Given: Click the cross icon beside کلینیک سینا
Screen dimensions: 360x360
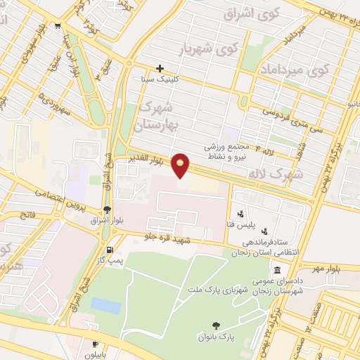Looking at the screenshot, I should coord(161,69).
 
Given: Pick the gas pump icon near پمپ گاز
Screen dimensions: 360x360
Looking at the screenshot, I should coord(108,250).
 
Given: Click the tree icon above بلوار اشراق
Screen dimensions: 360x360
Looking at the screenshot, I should coord(106,209).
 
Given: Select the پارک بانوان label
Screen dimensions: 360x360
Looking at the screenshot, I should coord(216,338).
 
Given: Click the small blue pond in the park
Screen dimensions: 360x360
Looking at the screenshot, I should coord(105,306).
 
